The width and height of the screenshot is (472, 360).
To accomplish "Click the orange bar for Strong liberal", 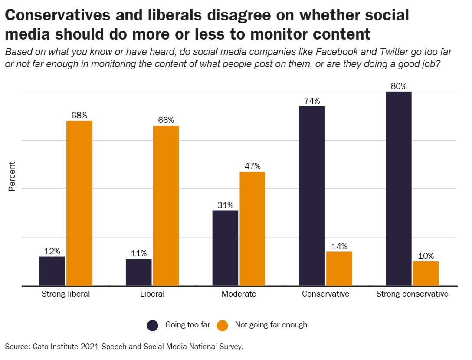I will [x=79, y=203].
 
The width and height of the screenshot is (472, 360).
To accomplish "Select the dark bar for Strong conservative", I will [x=398, y=188].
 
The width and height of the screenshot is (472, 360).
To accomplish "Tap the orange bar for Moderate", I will [x=252, y=228].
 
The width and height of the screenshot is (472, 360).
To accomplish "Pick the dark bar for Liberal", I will [x=139, y=272].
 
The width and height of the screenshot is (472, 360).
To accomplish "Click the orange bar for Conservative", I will [x=339, y=268].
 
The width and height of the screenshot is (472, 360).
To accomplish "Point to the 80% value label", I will [x=398, y=86].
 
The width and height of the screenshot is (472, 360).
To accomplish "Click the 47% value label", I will [x=252, y=166].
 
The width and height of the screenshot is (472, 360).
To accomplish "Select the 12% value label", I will [x=52, y=251].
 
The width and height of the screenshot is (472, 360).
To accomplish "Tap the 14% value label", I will [x=339, y=246].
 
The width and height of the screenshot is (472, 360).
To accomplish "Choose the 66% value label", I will [x=166, y=120].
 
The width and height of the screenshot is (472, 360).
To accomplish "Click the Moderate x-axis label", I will [x=239, y=294].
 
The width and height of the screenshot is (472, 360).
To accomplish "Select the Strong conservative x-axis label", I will [x=412, y=294].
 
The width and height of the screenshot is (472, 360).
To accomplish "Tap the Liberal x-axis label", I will [x=152, y=294].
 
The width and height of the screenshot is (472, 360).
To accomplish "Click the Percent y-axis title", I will [x=12, y=176].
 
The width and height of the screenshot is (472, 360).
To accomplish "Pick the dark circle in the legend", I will [x=153, y=325].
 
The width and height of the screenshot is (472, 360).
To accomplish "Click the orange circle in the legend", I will [x=223, y=325].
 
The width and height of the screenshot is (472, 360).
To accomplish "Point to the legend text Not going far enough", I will [x=271, y=325].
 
